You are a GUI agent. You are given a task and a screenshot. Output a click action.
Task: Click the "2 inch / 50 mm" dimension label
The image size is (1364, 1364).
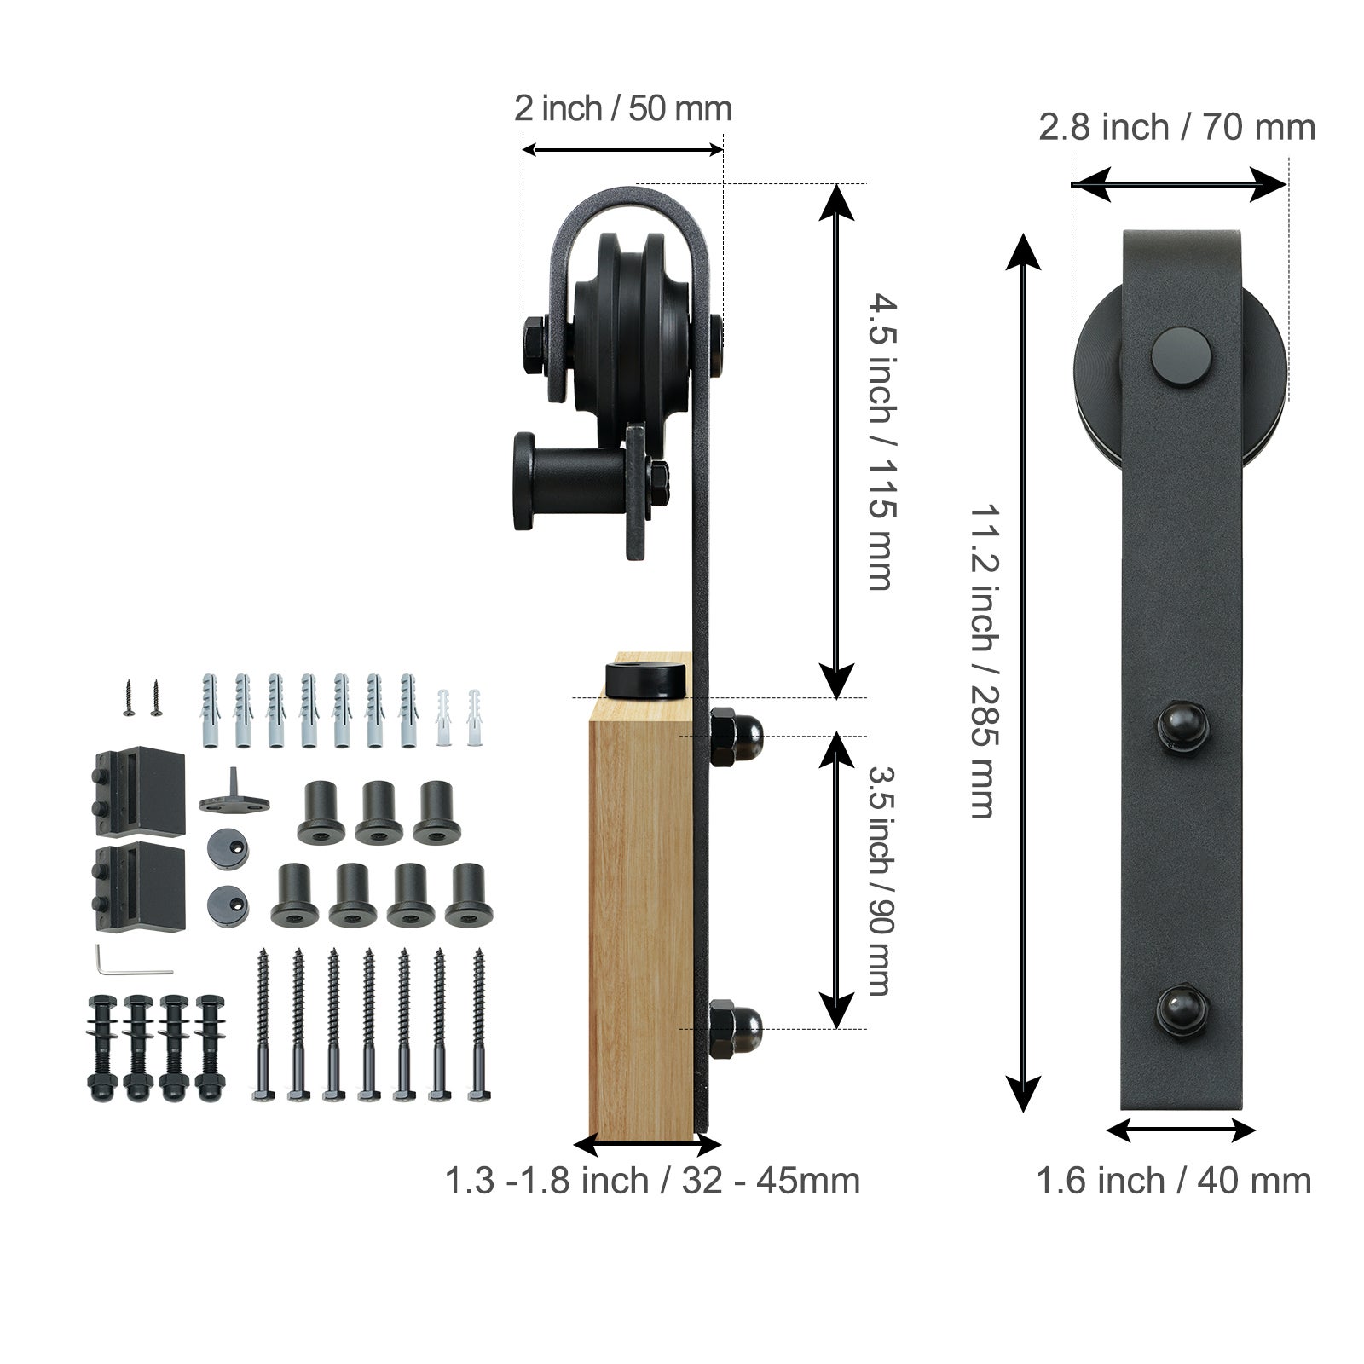[622, 109]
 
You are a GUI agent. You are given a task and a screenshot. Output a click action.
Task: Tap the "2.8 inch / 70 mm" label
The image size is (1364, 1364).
[1176, 128]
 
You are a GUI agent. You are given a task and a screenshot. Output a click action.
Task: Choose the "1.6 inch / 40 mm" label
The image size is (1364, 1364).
[1173, 1181]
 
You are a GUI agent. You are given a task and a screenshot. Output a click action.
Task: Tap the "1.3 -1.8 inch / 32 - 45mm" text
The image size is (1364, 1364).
[652, 1181]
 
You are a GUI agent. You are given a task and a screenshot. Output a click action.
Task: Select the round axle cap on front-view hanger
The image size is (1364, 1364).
[1180, 353]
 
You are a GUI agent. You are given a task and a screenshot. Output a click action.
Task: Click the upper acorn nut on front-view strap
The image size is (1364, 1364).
[1182, 726]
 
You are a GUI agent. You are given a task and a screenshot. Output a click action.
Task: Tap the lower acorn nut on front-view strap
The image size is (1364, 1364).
[1182, 1010]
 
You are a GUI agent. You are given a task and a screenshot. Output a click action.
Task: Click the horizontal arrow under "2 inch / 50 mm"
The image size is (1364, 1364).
[622, 150]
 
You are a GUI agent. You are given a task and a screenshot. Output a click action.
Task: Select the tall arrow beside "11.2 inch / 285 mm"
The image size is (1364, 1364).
[1023, 673]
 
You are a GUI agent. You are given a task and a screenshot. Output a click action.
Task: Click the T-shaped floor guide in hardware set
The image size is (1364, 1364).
[234, 793]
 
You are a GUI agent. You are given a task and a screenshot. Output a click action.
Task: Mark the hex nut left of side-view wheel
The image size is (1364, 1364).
[535, 346]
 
